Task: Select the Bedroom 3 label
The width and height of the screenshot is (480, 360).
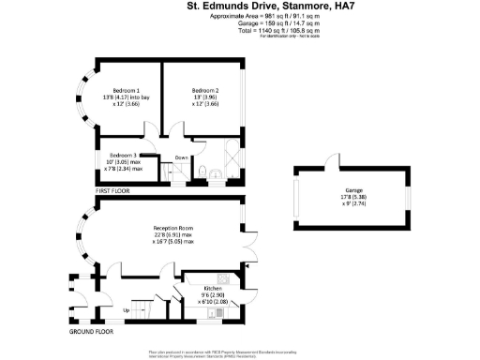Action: click(124, 155)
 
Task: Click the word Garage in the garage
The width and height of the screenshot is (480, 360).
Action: click(353, 190)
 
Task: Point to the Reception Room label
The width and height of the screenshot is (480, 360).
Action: click(173, 227)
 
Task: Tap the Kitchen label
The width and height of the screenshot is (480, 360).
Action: click(214, 288)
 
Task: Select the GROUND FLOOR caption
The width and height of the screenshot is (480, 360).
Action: click(92, 332)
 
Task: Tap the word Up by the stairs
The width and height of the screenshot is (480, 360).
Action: click(127, 309)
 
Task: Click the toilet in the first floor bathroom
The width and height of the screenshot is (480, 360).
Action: click(203, 170)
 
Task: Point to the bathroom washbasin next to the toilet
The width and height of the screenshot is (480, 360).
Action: click(216, 172)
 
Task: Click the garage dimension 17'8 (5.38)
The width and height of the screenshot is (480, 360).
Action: click(353, 197)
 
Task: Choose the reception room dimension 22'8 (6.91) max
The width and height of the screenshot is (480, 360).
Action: click(173, 234)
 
